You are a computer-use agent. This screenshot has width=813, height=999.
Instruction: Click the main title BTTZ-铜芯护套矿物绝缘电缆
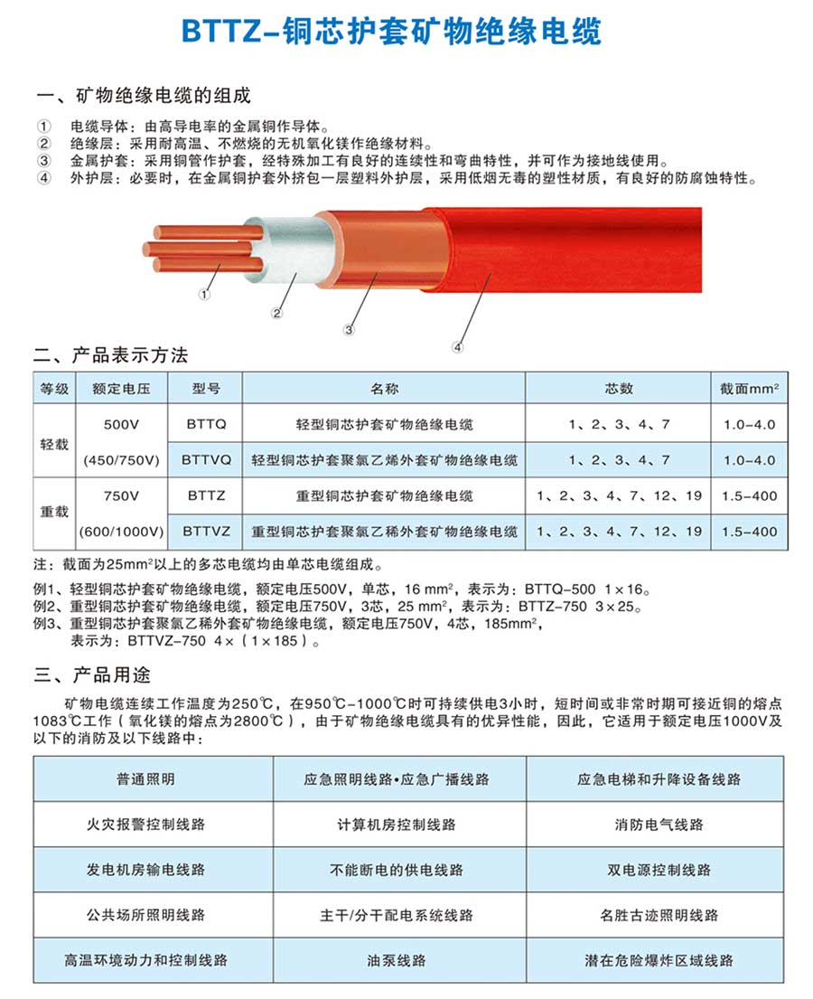391,30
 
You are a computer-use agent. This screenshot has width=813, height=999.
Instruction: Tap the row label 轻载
54,443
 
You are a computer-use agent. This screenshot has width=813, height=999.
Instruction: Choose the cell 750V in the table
122,495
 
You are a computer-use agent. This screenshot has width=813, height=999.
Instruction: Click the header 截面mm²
749,389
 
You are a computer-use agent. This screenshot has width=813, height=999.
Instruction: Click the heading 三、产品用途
92,675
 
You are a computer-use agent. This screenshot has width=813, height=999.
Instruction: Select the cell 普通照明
145,778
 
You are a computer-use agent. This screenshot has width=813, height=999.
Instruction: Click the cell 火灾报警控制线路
145,824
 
